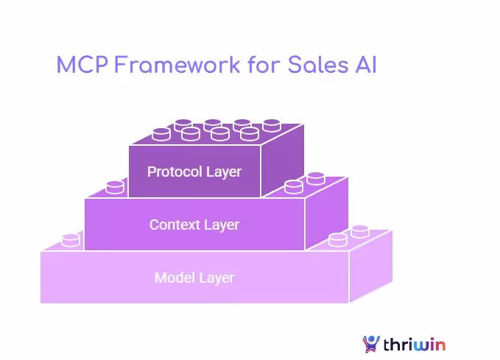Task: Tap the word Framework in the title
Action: pyautogui.click(x=176, y=65)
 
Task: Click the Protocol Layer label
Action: pyautogui.click(x=194, y=172)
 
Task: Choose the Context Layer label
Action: pyautogui.click(x=194, y=224)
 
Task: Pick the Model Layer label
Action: pyautogui.click(x=194, y=278)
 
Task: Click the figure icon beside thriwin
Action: pyautogui.click(x=372, y=343)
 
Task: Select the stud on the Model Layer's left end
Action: pyautogui.click(x=71, y=239)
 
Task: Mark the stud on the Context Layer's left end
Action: pyautogui.click(x=115, y=187)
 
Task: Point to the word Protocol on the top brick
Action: pyautogui.click(x=174, y=172)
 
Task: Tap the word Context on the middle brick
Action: pyautogui.click(x=175, y=224)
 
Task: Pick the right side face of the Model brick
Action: pyautogui.click(x=370, y=269)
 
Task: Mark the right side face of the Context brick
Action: pyautogui.click(x=326, y=217)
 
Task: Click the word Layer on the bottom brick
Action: pyautogui.click(x=216, y=278)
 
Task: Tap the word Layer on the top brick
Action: pyautogui.click(x=223, y=172)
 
